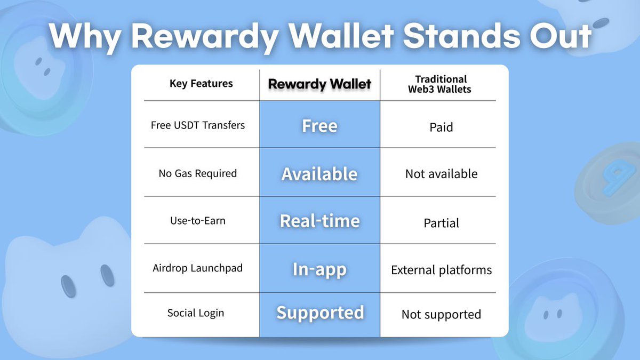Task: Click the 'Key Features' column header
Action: click(x=201, y=84)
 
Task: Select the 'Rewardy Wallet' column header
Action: click(x=319, y=84)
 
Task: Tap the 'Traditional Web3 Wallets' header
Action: click(x=440, y=84)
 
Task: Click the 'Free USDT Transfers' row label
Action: click(x=198, y=125)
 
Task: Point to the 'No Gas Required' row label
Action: click(x=197, y=173)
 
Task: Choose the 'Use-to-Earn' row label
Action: click(x=197, y=221)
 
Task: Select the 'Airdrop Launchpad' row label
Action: click(x=197, y=268)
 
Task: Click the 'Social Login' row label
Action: click(x=196, y=313)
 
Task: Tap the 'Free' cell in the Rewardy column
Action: click(x=319, y=126)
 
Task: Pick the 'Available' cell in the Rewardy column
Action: click(x=319, y=174)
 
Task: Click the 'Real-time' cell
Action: click(x=319, y=221)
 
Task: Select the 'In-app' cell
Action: click(x=319, y=269)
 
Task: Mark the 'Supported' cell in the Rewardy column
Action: click(x=320, y=313)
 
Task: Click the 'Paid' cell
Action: click(x=441, y=127)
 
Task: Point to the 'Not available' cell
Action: click(x=441, y=174)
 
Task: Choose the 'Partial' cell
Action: click(x=441, y=223)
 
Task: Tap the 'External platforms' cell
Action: click(x=441, y=270)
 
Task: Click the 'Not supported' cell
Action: click(x=441, y=315)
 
